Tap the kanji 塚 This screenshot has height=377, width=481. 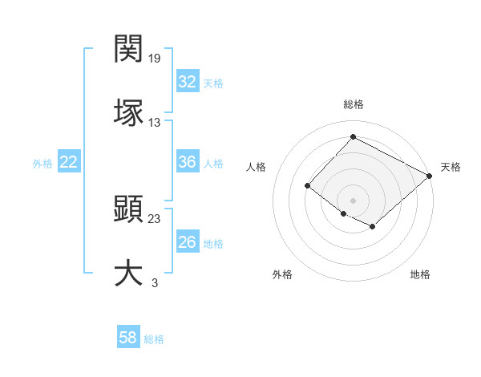tap(129, 111)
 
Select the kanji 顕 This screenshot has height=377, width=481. tap(129, 210)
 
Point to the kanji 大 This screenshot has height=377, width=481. tap(129, 272)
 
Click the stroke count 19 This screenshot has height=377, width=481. tap(156, 58)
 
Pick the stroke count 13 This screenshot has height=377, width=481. tap(155, 122)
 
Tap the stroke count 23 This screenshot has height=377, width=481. tap(155, 219)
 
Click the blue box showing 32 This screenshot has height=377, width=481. tap(187, 82)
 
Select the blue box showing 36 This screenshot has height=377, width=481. tap(187, 162)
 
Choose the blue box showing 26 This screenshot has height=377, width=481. tap(187, 242)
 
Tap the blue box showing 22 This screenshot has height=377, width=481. tap(68, 162)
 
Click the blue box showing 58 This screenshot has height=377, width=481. tap(127, 338)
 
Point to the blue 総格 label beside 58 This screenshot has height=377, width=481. tap(154, 339)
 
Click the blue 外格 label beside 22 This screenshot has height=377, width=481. tap(42, 164)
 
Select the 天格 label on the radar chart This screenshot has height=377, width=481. tap(451, 167)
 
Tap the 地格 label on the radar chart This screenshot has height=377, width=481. tap(420, 274)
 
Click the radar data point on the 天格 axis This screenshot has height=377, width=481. tap(430, 176)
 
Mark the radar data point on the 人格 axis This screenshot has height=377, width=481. tap(307, 186)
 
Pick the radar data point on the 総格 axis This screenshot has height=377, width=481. tap(353, 137)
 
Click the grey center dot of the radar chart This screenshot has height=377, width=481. tap(353, 200)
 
